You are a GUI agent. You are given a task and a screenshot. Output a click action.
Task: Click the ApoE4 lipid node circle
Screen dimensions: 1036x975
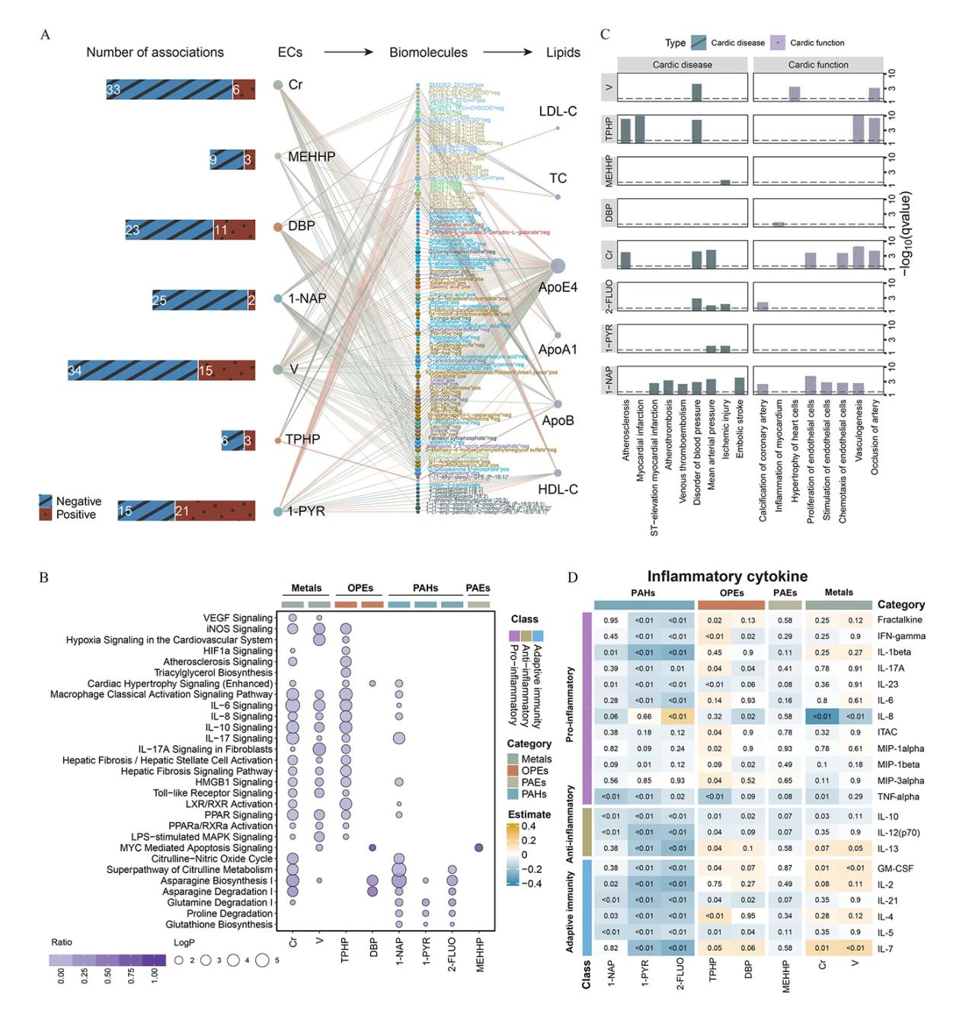tap(557, 267)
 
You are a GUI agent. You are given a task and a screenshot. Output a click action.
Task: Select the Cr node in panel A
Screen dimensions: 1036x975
tap(279, 85)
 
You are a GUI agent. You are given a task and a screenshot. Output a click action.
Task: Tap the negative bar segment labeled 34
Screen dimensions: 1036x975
tap(133, 370)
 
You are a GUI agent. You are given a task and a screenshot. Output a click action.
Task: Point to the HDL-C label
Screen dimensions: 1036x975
tap(558, 489)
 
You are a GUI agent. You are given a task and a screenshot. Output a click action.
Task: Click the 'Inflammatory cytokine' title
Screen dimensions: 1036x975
tap(727, 577)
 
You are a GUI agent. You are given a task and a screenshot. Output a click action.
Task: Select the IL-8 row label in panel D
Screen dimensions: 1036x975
tap(885, 716)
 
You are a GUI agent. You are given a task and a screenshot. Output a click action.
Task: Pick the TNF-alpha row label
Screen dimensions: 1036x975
tap(898, 797)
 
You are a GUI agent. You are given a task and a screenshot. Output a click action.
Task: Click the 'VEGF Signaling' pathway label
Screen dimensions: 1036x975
tap(238, 618)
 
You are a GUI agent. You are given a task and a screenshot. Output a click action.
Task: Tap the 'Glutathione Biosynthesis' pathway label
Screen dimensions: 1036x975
tap(219, 924)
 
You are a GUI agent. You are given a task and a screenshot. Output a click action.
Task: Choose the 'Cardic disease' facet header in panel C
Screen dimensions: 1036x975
tap(682, 65)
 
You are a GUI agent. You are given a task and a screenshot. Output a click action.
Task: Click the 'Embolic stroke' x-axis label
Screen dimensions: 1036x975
tap(740, 428)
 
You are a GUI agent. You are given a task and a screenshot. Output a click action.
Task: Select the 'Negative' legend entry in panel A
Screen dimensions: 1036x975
tap(78, 501)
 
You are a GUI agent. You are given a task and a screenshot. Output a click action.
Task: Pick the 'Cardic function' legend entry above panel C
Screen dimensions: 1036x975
tap(817, 43)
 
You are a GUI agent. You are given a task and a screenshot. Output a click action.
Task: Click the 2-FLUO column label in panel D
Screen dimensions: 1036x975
tap(679, 974)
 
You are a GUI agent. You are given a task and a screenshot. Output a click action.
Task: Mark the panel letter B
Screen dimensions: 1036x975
tap(43, 577)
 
